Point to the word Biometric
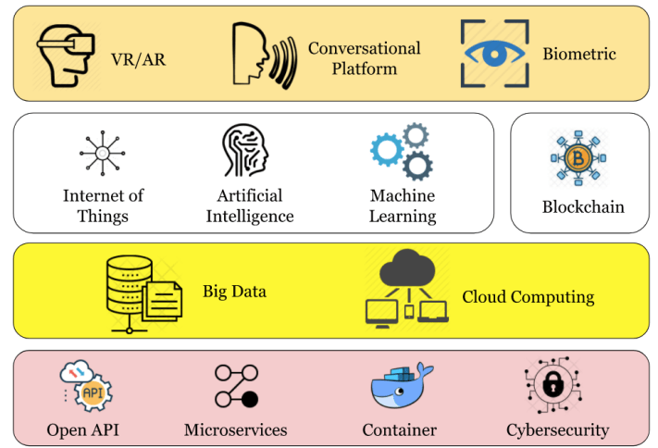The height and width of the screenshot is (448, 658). click(578, 55)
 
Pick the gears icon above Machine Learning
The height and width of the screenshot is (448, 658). click(402, 152)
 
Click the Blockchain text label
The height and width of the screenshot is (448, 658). click(583, 206)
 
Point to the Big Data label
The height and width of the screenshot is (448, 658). click(235, 292)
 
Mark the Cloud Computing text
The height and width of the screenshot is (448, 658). click(528, 297)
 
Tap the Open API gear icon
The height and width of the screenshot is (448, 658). click(93, 392)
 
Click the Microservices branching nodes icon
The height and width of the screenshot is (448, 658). click(236, 386)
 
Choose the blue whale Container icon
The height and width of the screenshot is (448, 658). click(400, 390)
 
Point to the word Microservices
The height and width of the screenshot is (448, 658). click(236, 429)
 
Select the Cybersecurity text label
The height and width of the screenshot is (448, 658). click(557, 429)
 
